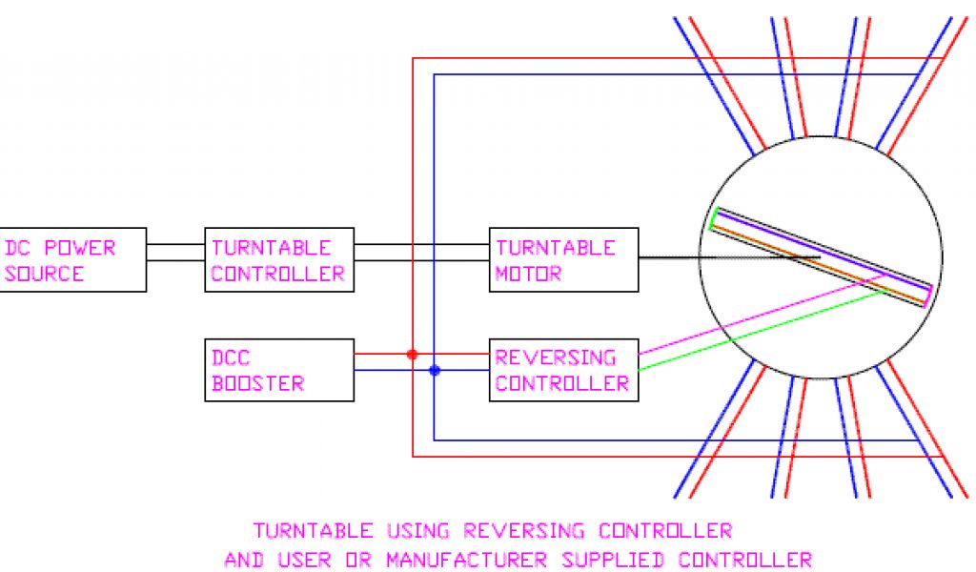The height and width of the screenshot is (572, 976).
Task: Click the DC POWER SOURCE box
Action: click(72, 259)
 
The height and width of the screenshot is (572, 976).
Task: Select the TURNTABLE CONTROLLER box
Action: click(278, 259)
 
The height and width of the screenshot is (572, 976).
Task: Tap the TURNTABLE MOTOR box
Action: click(563, 259)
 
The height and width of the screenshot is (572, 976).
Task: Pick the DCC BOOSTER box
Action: click(278, 370)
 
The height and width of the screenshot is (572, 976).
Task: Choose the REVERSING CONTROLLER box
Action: click(563, 370)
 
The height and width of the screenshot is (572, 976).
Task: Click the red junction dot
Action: click(412, 354)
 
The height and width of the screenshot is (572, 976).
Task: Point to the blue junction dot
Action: click(434, 370)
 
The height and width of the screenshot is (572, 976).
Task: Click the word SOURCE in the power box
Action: click(45, 274)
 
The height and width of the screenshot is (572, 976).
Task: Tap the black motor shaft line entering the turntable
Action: click(667, 257)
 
